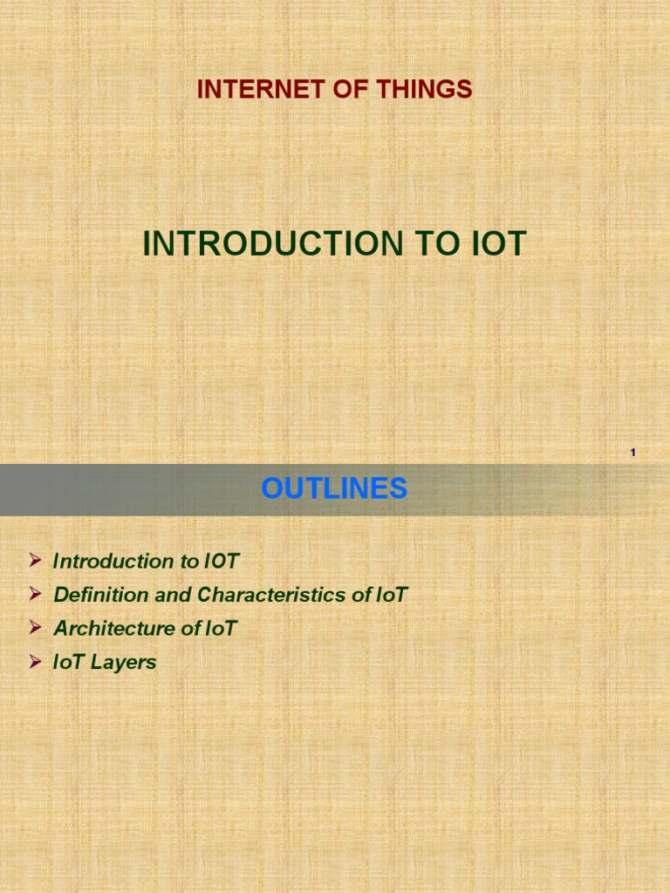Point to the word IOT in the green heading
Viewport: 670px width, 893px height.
point(499,243)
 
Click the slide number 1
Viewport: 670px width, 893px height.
point(633,453)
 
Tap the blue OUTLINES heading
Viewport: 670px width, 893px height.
point(334,488)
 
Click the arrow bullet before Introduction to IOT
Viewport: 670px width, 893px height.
point(35,561)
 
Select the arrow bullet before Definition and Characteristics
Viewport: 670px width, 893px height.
point(35,594)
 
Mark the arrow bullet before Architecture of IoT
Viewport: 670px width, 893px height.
point(35,628)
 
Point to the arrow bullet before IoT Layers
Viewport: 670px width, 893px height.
point(35,661)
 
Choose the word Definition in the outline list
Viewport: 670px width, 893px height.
point(101,595)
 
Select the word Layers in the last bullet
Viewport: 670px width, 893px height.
point(123,663)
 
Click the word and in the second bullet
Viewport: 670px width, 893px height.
point(173,595)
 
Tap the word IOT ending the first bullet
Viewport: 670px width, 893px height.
point(221,561)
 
